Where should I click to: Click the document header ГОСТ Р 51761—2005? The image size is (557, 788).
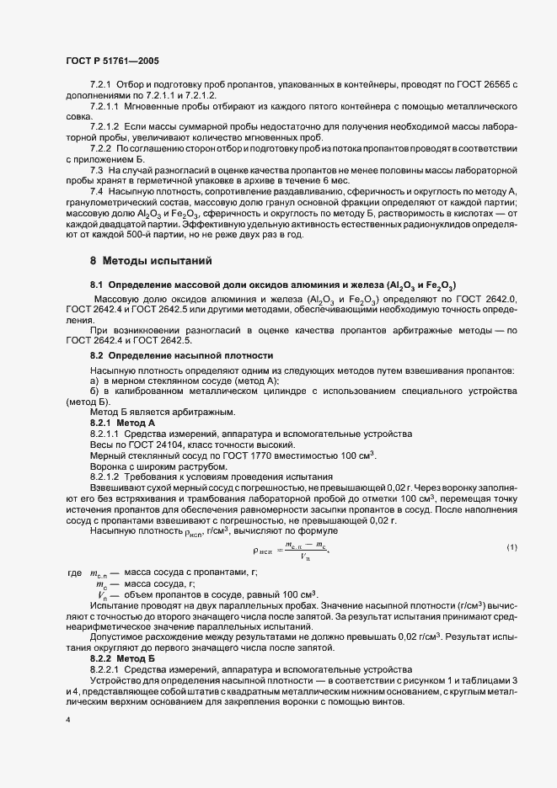[x=111, y=61]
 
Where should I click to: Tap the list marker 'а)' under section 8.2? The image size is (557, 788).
[x=94, y=381]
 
